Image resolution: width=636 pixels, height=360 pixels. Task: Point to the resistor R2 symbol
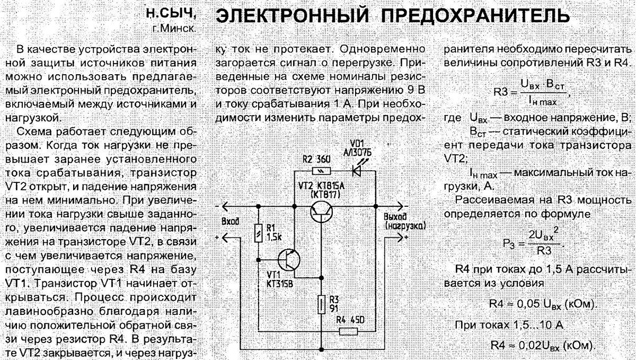coord(322,171)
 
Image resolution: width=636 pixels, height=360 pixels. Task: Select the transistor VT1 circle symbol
coord(289,260)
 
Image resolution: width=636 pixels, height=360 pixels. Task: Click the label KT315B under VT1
coord(279,284)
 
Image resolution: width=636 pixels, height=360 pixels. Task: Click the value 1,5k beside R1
coord(273,237)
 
